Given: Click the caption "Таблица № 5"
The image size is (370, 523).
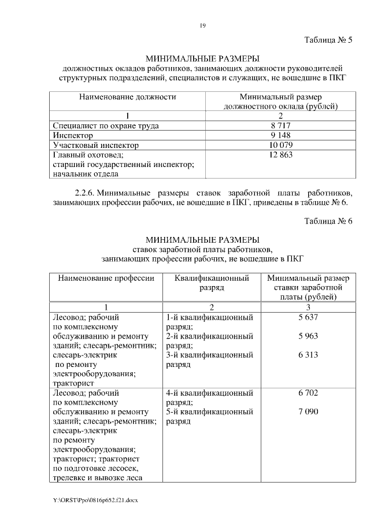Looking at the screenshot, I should [328, 40].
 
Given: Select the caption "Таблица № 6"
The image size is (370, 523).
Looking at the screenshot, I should [328, 222].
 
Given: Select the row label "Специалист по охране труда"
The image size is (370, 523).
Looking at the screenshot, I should [105, 125].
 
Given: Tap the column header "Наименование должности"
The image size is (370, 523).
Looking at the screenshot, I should [128, 97].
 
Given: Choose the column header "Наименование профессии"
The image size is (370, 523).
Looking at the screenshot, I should [106, 278].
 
